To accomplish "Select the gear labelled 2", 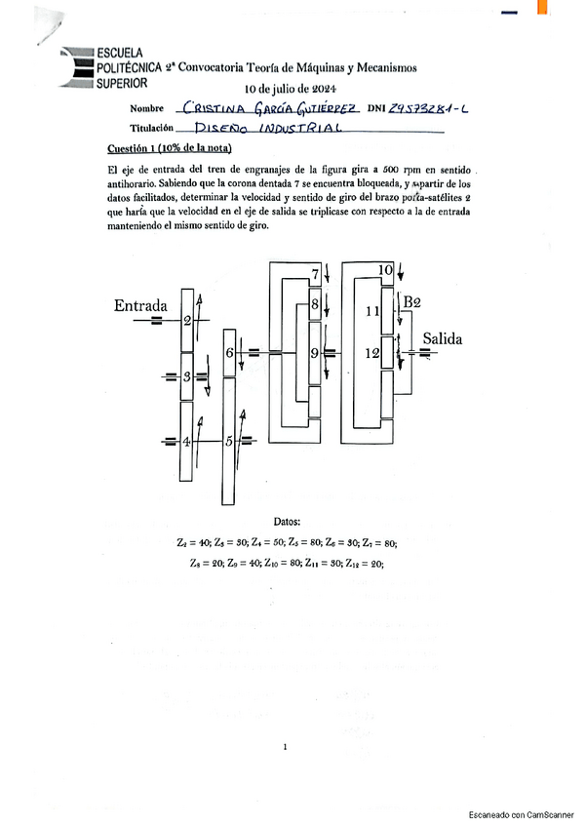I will pyautogui.click(x=187, y=321).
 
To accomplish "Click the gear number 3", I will pyautogui.click(x=187, y=376).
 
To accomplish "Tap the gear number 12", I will pyautogui.click(x=371, y=354).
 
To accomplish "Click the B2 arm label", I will pyautogui.click(x=412, y=300).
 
